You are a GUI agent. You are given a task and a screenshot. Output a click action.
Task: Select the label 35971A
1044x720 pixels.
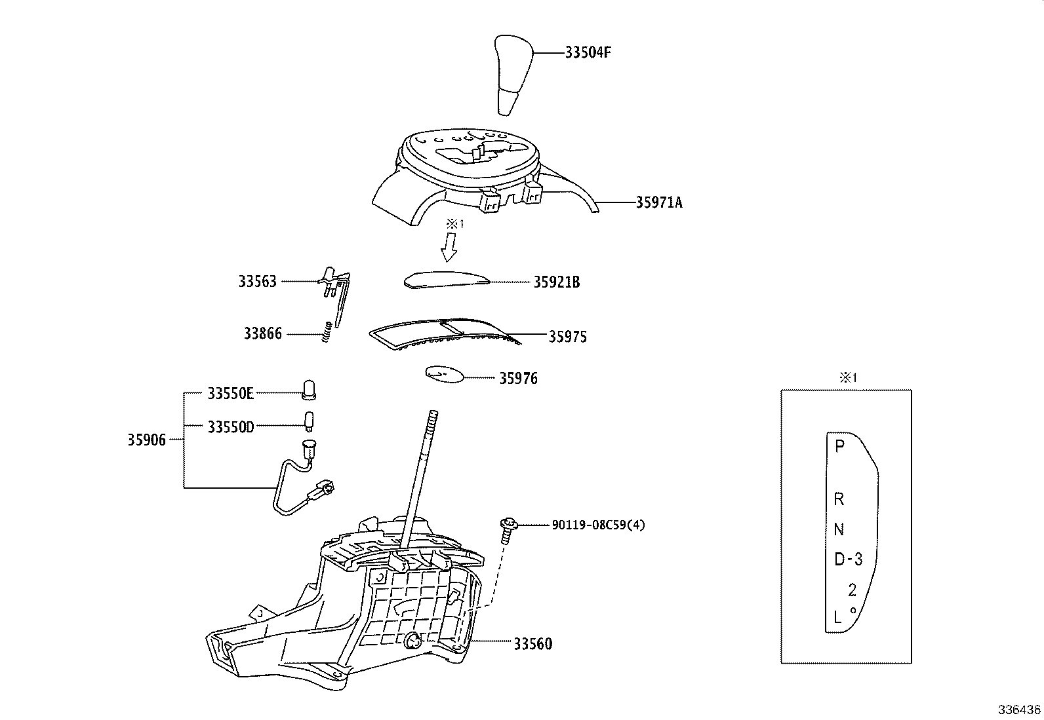click(x=658, y=203)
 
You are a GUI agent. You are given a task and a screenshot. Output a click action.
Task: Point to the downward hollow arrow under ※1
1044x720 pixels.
click(x=450, y=248)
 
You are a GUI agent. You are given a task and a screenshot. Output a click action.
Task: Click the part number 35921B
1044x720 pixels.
click(x=556, y=282)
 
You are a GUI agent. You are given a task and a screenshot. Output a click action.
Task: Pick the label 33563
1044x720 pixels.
click(x=257, y=282)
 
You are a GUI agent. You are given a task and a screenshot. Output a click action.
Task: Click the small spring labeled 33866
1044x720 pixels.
click(x=326, y=332)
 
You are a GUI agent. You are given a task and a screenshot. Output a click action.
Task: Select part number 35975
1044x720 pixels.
click(x=567, y=337)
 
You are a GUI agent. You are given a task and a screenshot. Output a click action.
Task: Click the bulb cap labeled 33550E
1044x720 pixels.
click(x=309, y=390)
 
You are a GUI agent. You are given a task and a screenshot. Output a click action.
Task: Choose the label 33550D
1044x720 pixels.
click(x=230, y=427)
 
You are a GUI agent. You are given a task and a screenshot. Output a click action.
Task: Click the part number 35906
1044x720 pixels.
click(x=146, y=440)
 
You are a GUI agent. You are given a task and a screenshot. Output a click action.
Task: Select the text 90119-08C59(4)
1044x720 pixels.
click(x=598, y=525)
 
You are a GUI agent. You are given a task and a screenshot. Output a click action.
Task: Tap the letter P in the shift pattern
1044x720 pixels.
click(x=839, y=447)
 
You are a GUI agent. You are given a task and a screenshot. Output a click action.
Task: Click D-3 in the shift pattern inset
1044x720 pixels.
click(x=848, y=559)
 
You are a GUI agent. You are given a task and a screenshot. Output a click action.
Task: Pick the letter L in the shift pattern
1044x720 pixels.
click(x=837, y=616)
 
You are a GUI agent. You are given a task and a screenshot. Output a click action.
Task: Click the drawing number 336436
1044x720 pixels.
click(x=1019, y=710)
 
